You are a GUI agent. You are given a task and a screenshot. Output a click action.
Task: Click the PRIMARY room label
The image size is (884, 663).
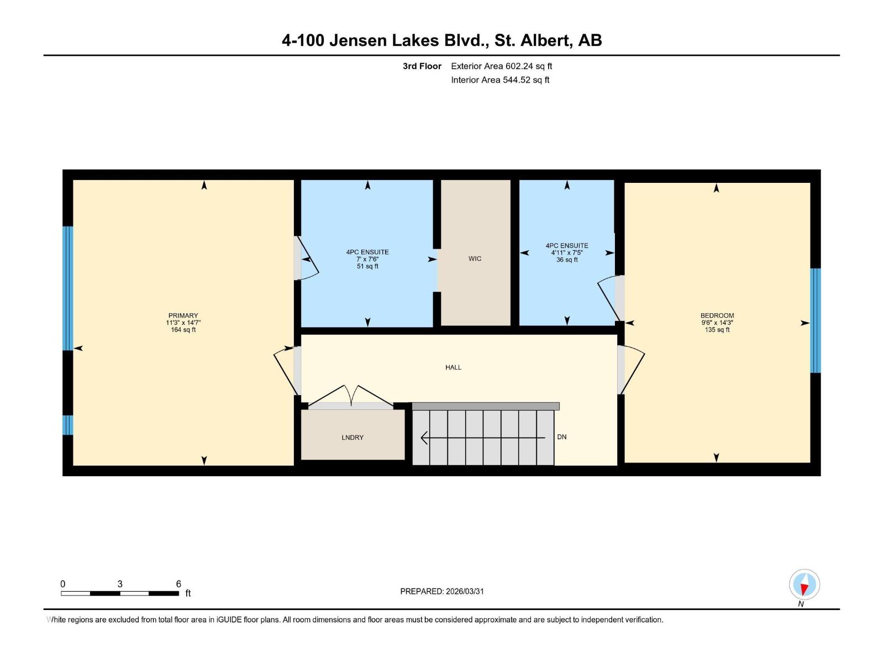point(183,315)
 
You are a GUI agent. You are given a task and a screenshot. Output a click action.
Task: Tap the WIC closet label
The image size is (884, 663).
point(475,259)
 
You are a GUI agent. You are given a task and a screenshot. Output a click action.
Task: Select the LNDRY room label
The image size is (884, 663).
point(352,438)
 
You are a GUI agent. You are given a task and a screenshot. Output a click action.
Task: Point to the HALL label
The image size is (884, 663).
point(453,367)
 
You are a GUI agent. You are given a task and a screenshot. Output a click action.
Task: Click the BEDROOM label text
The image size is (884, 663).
point(717,315)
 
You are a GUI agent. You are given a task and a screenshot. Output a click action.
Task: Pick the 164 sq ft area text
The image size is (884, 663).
point(183,330)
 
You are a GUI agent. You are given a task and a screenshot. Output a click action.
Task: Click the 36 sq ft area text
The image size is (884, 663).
point(567,260)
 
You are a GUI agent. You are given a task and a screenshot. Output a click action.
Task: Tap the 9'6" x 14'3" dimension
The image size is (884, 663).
point(717,323)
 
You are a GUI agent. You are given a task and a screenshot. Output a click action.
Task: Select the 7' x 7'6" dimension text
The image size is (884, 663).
point(367,259)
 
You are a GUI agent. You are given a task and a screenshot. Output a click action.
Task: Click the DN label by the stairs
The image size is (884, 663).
point(562,437)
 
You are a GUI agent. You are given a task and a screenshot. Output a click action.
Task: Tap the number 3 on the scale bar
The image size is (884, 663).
point(120,584)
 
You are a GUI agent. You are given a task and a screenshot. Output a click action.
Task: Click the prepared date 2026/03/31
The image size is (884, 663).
point(464,591)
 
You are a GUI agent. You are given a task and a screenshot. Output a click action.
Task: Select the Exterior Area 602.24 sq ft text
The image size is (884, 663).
point(501,66)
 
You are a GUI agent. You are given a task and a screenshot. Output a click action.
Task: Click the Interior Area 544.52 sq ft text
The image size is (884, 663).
point(500,80)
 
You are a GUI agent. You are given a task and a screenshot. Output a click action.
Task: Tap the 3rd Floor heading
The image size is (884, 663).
point(422,66)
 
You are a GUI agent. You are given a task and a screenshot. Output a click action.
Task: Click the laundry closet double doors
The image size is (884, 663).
point(351,397)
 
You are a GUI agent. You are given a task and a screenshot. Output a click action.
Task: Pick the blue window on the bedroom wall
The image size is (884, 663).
point(815,320)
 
